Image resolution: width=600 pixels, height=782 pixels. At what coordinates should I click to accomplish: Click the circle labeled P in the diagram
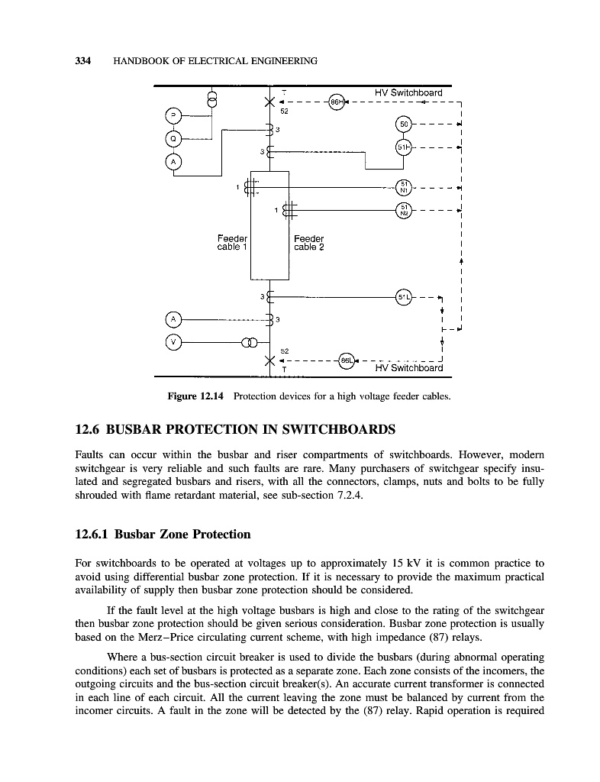(x=174, y=117)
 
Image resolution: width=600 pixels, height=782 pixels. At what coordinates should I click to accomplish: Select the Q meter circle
(x=174, y=139)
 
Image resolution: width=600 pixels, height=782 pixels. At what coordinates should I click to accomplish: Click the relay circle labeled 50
(x=404, y=124)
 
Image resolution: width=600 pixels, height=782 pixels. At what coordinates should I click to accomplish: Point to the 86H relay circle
(x=336, y=102)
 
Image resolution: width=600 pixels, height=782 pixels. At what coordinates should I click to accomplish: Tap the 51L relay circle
(x=404, y=297)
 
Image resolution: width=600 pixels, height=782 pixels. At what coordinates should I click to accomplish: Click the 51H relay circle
(x=404, y=147)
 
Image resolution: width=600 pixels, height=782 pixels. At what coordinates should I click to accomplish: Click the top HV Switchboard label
(x=408, y=93)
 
